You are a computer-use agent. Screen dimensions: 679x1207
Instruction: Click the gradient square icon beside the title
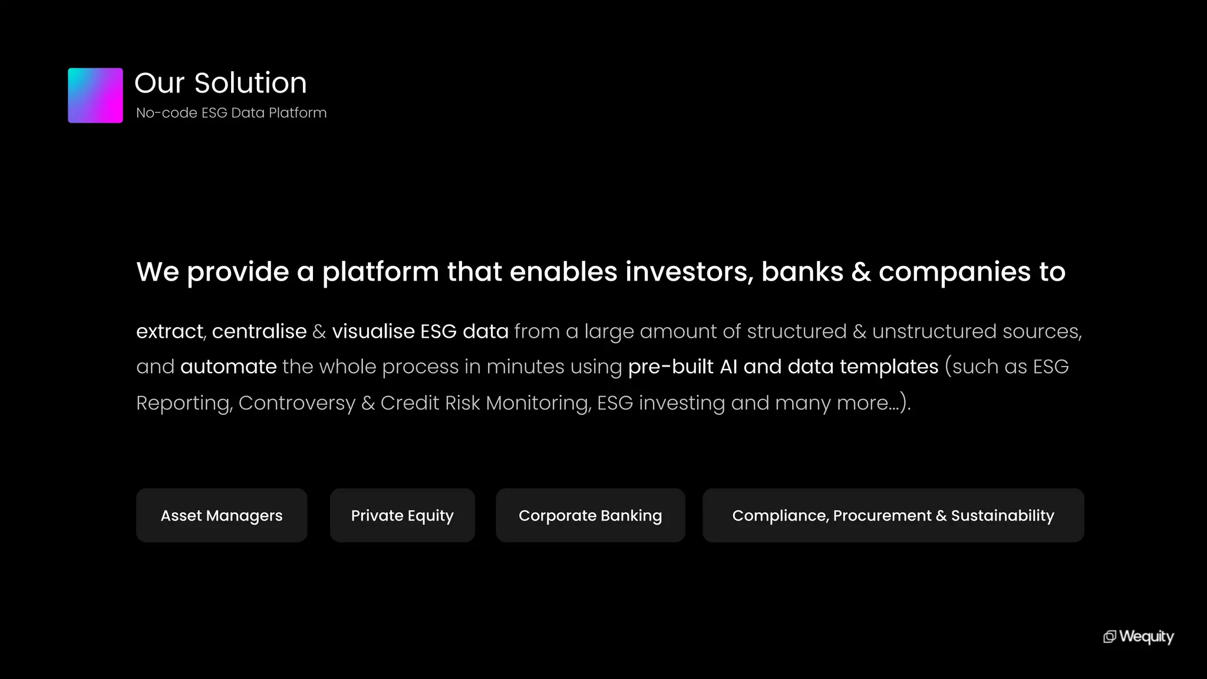click(95, 95)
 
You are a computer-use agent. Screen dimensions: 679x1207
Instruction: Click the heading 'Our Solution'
click(220, 83)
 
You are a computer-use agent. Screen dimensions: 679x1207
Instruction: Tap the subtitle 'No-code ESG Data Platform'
click(231, 113)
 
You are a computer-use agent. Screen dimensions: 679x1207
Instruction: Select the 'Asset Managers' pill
click(222, 515)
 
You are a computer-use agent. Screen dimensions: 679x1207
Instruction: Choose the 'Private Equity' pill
click(403, 515)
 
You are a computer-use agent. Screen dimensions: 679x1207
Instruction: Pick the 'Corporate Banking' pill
click(590, 515)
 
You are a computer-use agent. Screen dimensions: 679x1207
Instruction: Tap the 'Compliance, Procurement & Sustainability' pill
click(893, 515)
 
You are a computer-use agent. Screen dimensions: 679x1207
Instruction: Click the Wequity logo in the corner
click(1139, 637)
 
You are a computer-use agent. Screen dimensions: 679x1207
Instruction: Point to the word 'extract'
click(170, 331)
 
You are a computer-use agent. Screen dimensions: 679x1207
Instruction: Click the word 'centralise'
click(259, 331)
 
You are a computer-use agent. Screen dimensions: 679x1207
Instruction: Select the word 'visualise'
click(373, 331)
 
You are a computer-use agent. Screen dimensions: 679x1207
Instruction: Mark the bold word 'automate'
click(229, 367)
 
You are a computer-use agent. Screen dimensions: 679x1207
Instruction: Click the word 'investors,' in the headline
click(689, 272)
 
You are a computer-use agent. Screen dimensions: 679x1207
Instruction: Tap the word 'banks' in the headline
click(802, 272)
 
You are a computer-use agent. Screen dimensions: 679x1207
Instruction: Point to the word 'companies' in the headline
click(955, 273)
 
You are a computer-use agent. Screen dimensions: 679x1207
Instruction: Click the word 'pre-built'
click(671, 367)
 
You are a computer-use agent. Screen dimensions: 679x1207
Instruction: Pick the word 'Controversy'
click(297, 403)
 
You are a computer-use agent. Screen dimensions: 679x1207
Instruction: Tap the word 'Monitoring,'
click(538, 403)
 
